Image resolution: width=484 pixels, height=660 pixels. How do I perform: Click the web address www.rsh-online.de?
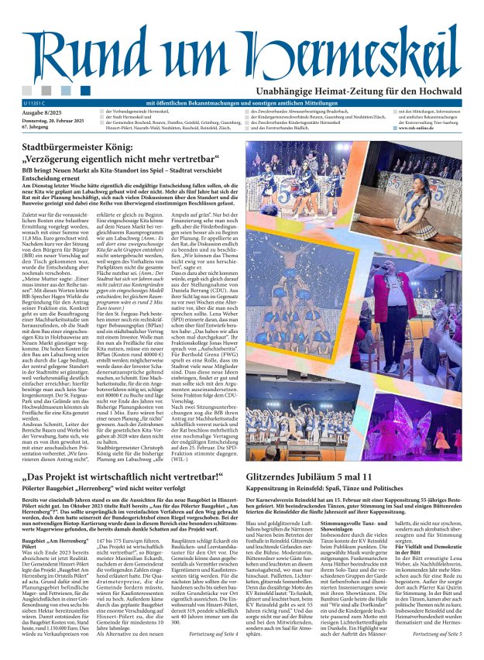(x=421, y=128)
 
